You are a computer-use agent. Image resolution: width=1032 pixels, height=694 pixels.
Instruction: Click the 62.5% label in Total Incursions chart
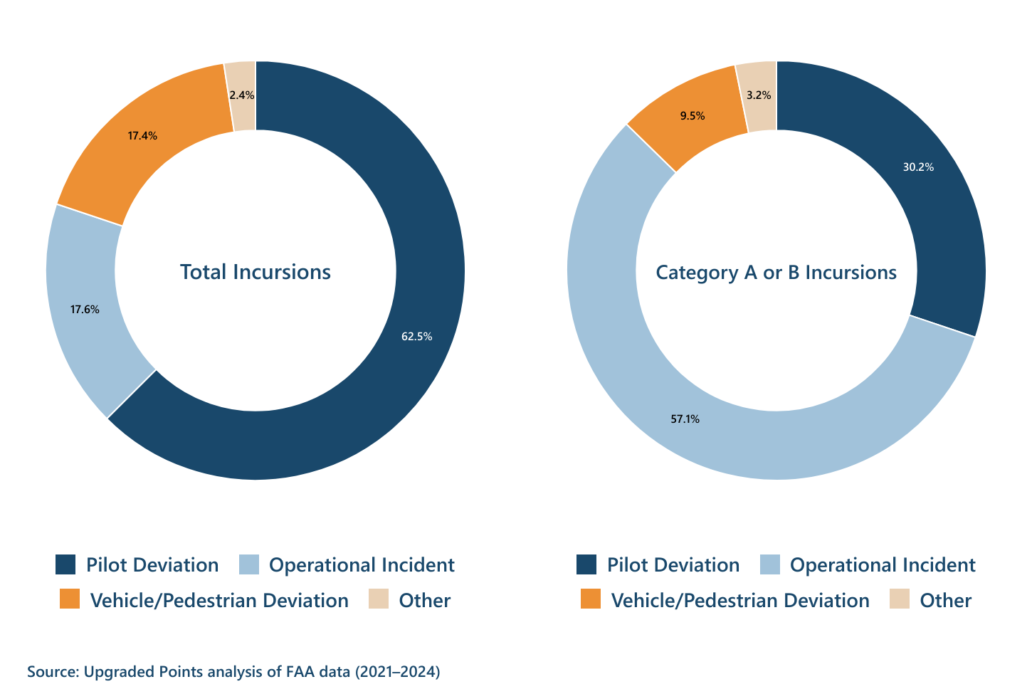[416, 337]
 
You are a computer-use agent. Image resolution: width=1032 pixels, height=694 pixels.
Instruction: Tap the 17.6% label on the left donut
[85, 310]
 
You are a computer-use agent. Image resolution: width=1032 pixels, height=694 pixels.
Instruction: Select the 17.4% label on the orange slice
[142, 135]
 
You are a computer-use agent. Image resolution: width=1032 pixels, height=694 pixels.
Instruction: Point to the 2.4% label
[242, 95]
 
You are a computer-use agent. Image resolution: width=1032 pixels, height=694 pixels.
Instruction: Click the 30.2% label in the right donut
[918, 167]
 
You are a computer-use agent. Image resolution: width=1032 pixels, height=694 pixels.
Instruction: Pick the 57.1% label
[685, 419]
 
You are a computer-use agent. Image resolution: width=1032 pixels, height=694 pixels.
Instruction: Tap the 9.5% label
[692, 115]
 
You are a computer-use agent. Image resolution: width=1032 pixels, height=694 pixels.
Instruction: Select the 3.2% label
[759, 95]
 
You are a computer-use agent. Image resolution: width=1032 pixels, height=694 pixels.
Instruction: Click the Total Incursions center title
[256, 272]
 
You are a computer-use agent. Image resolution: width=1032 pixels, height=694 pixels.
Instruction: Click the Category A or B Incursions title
[776, 272]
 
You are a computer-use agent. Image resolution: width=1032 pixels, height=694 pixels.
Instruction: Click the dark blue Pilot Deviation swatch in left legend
[65, 564]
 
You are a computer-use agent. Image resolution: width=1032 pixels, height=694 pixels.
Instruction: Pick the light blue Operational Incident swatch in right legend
[770, 564]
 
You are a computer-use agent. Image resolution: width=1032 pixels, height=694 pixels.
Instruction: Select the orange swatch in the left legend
[70, 599]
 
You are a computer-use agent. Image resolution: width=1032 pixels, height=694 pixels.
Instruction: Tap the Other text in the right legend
[945, 600]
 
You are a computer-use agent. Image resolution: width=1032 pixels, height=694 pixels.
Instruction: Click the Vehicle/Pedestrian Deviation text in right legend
[740, 600]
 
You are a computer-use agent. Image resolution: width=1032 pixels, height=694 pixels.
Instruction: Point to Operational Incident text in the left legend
[362, 565]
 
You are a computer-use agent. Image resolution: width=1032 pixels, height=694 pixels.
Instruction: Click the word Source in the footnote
[52, 671]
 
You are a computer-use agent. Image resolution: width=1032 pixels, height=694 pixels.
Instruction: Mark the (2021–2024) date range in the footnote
[397, 671]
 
